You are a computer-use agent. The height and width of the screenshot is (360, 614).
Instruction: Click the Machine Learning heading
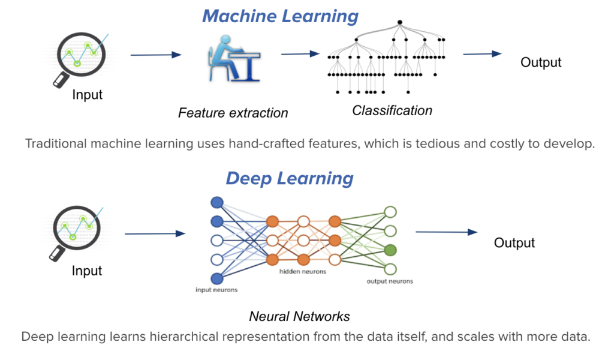(x=280, y=16)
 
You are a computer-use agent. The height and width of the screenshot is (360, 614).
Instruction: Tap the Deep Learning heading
(x=290, y=178)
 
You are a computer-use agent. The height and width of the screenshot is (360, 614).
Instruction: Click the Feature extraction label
(x=233, y=113)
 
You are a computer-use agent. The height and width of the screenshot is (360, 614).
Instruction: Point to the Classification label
(x=392, y=110)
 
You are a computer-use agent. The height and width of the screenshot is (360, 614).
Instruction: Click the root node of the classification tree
(x=399, y=22)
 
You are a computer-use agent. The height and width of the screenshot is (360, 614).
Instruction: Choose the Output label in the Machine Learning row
(x=541, y=62)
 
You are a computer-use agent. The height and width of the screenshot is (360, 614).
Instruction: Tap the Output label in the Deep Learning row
(x=514, y=242)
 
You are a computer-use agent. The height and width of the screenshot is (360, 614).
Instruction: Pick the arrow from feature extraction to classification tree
(x=300, y=54)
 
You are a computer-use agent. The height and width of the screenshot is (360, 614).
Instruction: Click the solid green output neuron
(x=390, y=250)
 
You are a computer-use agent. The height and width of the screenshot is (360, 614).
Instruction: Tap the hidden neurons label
(x=303, y=272)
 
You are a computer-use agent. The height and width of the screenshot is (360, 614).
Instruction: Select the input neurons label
(x=216, y=290)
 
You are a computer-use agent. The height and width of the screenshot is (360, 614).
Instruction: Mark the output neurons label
(x=389, y=281)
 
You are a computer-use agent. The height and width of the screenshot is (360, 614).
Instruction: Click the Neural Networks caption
(x=299, y=316)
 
